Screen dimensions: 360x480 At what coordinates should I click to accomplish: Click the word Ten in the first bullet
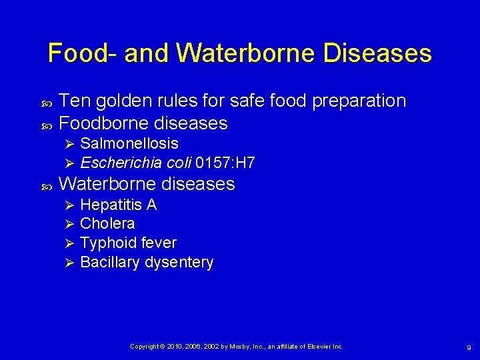[x=75, y=101]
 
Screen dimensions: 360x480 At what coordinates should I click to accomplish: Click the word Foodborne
[x=104, y=123]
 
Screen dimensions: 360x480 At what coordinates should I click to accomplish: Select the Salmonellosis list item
[x=129, y=143]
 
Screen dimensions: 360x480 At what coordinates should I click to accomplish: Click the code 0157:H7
[x=225, y=163]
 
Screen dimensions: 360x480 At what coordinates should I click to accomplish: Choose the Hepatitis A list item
[x=118, y=205]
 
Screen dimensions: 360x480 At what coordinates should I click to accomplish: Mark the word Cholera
[x=107, y=223]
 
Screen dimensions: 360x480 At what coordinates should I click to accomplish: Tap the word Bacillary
[x=109, y=262]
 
